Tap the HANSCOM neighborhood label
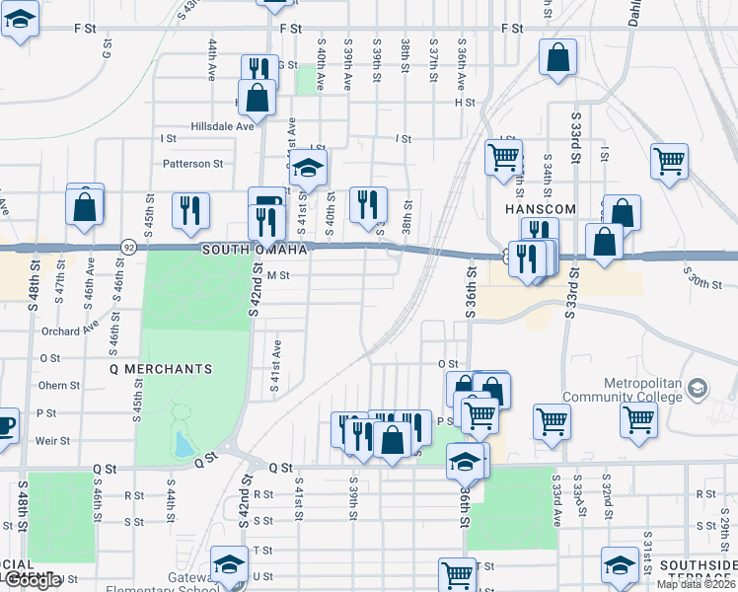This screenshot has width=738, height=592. pyautogui.click(x=533, y=210)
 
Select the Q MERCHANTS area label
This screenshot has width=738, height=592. pyautogui.click(x=160, y=369)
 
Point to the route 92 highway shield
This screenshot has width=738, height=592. pyautogui.click(x=128, y=245)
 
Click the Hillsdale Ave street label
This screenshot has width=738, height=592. pyautogui.click(x=222, y=126)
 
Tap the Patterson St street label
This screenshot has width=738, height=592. pyautogui.click(x=193, y=164)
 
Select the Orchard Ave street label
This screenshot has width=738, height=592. pyautogui.click(x=72, y=331)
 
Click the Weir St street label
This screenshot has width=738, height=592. pyautogui.click(x=52, y=441)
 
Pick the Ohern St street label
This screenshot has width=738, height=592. pyautogui.click(x=58, y=386)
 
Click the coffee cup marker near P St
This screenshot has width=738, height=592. pyautogui.click(x=4, y=426)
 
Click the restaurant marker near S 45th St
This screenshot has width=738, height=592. pyautogui.click(x=191, y=209)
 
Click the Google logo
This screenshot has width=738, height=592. pyautogui.click(x=33, y=581)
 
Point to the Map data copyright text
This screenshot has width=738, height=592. pyautogui.click(x=697, y=584)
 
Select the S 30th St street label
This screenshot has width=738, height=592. pyautogui.click(x=706, y=281)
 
